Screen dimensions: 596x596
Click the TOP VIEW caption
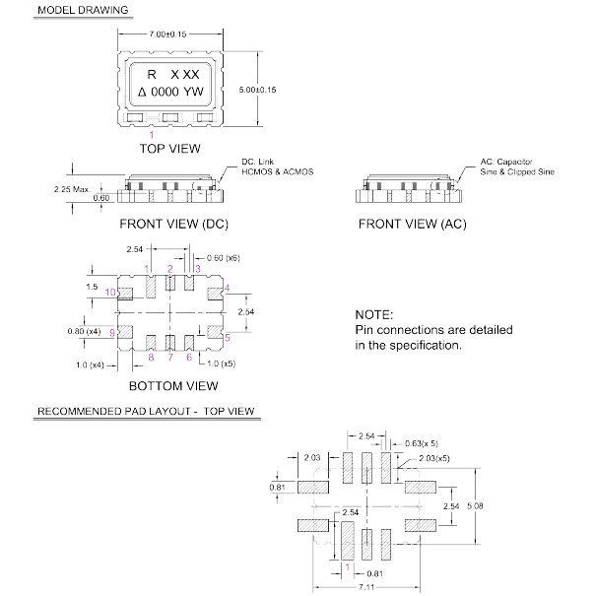pyautogui.click(x=169, y=149)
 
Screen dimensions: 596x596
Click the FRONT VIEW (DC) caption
pyautogui.click(x=172, y=225)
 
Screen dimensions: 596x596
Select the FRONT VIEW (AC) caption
pyautogui.click(x=412, y=225)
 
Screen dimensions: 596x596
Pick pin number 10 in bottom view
pyautogui.click(x=112, y=292)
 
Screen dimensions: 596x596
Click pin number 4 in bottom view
pyautogui.click(x=228, y=288)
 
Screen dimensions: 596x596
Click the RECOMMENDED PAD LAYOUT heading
pyautogui.click(x=142, y=410)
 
